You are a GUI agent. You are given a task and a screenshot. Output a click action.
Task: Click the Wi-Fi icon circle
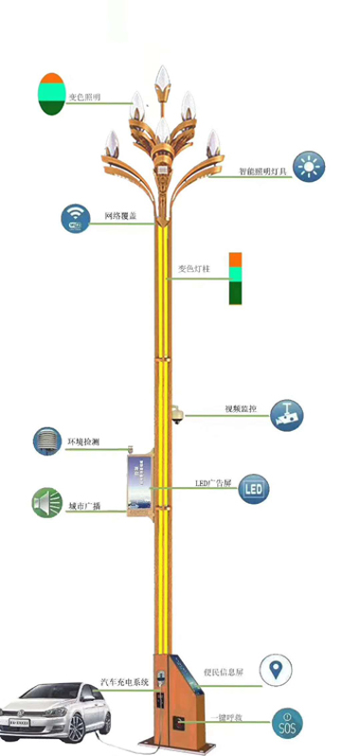click(x=76, y=218)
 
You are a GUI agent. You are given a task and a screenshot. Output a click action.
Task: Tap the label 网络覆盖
click(x=121, y=217)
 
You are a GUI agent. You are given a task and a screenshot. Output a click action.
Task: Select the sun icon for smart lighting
click(x=307, y=167)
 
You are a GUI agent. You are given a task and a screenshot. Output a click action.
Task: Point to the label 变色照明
click(x=83, y=98)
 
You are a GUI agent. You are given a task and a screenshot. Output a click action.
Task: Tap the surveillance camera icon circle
click(x=286, y=414)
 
